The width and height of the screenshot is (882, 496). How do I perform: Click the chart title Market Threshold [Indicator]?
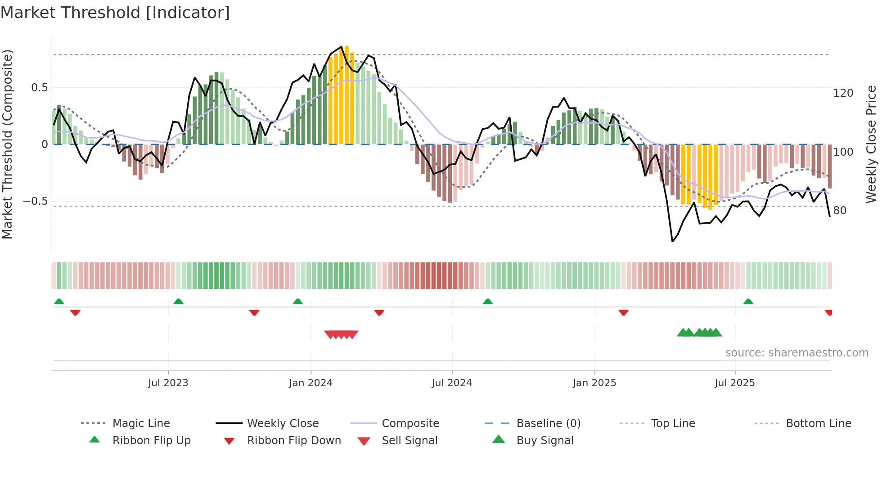point(115,13)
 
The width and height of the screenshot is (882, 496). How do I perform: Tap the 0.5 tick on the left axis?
point(39,88)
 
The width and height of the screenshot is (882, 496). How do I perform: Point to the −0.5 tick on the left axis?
point(36,201)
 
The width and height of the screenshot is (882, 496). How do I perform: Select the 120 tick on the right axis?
point(843,93)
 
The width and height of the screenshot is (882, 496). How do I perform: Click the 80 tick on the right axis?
point(840,210)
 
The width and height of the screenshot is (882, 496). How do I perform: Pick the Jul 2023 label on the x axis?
point(168,383)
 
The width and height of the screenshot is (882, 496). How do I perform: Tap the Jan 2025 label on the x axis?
point(594,383)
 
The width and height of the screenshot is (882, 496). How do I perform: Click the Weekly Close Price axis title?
point(871,144)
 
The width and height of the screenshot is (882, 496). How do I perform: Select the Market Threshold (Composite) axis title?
point(7,144)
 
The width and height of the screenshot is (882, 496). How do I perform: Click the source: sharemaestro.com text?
point(796,353)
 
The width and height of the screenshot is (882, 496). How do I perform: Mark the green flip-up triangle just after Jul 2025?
point(748,302)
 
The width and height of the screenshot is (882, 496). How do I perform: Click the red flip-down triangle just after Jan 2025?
point(623,312)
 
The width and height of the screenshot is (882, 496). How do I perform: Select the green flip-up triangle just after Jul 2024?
point(488,302)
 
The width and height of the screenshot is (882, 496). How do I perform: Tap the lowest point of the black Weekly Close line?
point(672,242)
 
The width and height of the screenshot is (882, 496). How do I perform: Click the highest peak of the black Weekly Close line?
point(341,47)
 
